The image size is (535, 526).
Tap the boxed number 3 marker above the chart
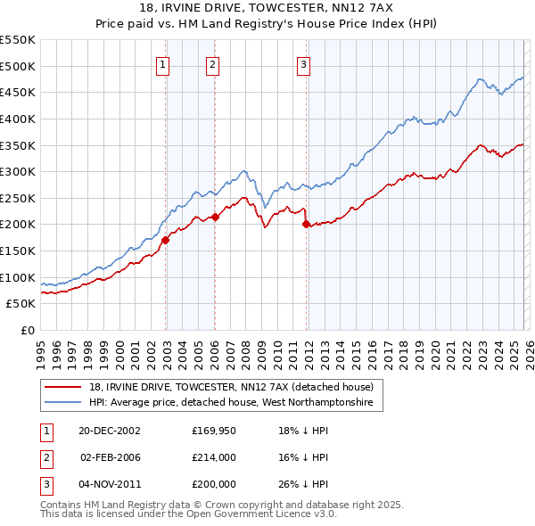(x=304, y=63)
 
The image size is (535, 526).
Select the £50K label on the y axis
(x=21, y=304)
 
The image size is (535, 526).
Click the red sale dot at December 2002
(x=166, y=240)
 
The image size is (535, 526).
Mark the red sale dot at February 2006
(x=215, y=217)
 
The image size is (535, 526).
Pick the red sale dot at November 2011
(x=306, y=224)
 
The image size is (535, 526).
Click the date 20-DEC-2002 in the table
(x=109, y=430)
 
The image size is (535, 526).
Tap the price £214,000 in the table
(x=213, y=456)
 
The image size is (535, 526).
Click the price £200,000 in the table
(x=213, y=483)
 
